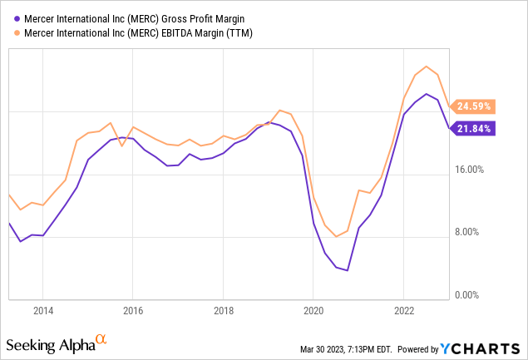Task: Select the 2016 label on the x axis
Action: [133, 310]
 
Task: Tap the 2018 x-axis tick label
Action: [223, 310]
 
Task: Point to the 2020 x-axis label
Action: [313, 310]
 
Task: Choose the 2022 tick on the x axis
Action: [403, 310]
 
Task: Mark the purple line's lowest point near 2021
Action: [347, 270]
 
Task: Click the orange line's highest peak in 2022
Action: [426, 67]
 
